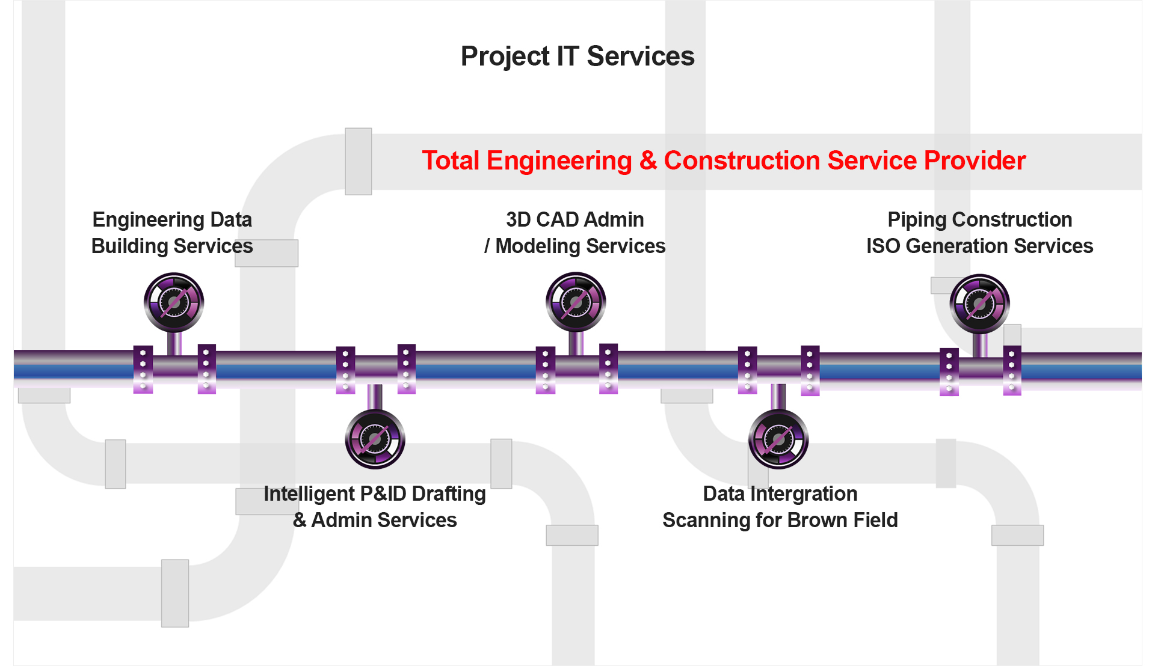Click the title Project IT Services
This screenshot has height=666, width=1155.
point(577,57)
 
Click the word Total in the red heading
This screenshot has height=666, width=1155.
point(451,160)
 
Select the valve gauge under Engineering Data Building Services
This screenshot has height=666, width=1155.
point(174,302)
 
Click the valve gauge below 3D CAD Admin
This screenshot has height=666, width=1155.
point(576,302)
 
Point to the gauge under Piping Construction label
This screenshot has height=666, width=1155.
point(980,304)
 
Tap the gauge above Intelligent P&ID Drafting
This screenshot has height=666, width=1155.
point(375,439)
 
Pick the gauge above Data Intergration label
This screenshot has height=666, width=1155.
point(778,439)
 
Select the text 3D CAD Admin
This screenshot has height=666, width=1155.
point(575,219)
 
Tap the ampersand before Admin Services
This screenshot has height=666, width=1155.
point(300,520)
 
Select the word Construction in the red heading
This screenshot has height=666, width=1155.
point(742,160)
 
